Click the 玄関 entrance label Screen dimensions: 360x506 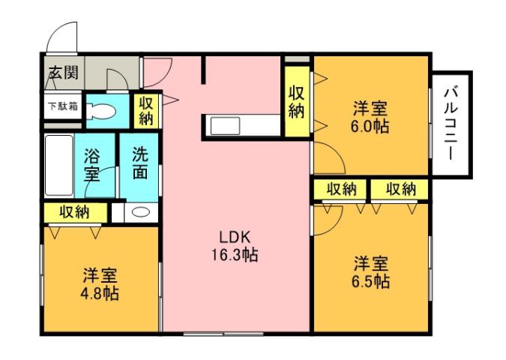(62, 73)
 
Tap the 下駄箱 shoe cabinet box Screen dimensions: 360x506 (62, 106)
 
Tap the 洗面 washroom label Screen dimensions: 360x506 (139, 164)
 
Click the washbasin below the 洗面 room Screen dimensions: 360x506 (140, 211)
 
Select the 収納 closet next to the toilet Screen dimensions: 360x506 (145, 110)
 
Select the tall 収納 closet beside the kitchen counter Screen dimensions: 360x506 (297, 102)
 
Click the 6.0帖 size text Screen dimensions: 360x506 (370, 126)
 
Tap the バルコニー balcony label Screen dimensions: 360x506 (451, 124)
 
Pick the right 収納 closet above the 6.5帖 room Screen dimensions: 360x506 (400, 190)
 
